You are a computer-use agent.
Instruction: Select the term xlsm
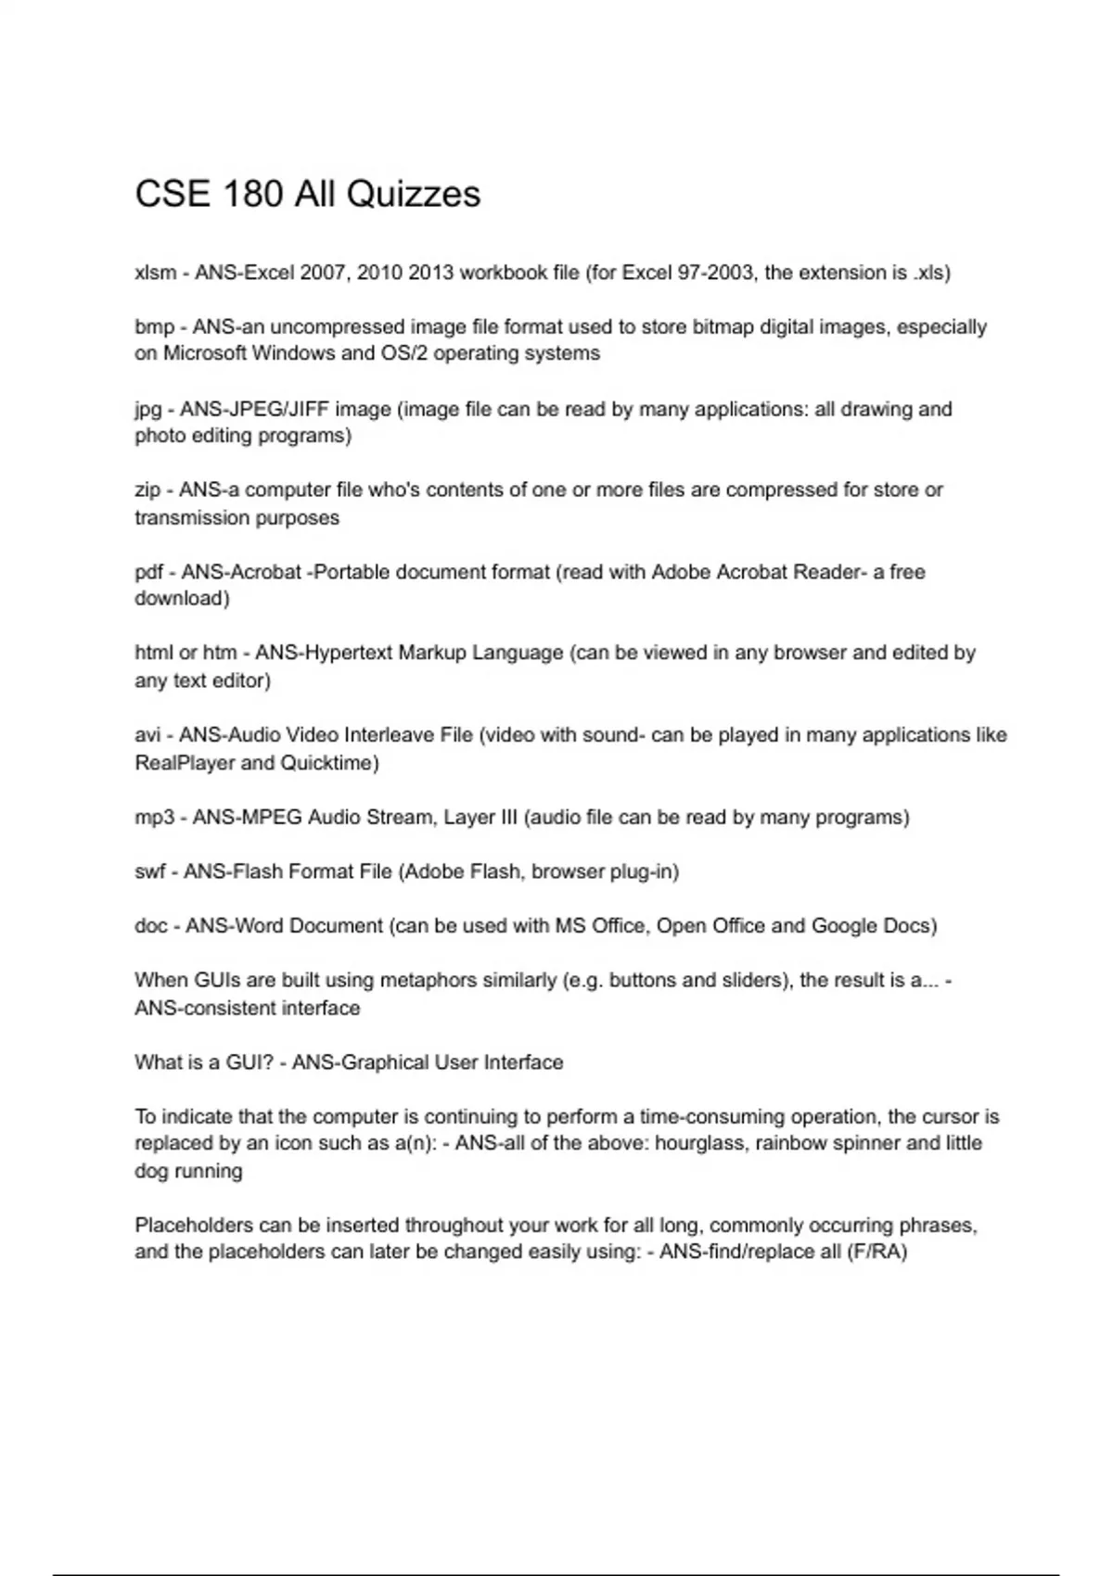coord(155,273)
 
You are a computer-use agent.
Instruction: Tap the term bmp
coord(154,327)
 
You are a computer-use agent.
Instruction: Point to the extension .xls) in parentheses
coord(930,273)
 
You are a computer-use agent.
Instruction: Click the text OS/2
coord(403,353)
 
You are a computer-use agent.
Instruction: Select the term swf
coord(149,871)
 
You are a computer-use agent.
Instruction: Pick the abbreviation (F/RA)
coord(876,1252)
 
